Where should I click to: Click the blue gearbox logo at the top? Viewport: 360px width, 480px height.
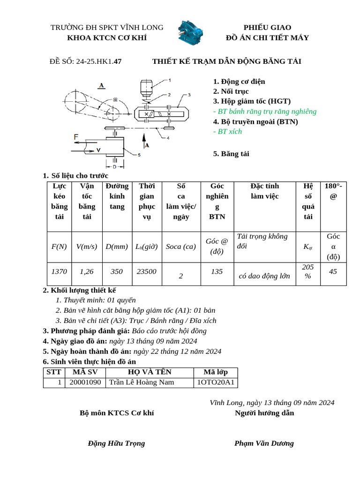pyautogui.click(x=190, y=32)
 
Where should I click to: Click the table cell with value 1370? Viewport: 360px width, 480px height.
pyautogui.click(x=59, y=271)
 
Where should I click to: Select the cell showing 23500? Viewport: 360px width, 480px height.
pyautogui.click(x=147, y=271)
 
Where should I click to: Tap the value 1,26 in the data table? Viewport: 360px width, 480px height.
pyautogui.click(x=87, y=271)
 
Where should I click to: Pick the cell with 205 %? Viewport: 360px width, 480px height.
pyautogui.click(x=308, y=271)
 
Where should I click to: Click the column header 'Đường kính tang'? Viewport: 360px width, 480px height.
pyautogui.click(x=117, y=201)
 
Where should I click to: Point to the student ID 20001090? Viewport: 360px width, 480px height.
pyautogui.click(x=85, y=382)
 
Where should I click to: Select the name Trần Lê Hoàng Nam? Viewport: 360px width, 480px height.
pyautogui.click(x=142, y=382)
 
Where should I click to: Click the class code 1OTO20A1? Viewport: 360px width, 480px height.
pyautogui.click(x=216, y=382)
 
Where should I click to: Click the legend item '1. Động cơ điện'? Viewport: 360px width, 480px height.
pyautogui.click(x=239, y=81)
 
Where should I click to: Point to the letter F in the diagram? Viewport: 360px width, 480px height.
pyautogui.click(x=76, y=136)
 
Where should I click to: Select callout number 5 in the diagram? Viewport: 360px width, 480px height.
pyautogui.click(x=139, y=155)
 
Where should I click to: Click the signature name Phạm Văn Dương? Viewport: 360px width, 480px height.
pyautogui.click(x=264, y=443)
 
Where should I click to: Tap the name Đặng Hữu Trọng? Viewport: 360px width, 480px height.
pyautogui.click(x=117, y=443)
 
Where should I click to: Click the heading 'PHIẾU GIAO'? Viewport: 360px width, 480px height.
pyautogui.click(x=267, y=27)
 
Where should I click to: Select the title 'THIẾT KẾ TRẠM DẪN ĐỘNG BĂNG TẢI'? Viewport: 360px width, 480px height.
pyautogui.click(x=226, y=61)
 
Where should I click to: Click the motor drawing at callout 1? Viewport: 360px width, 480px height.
pyautogui.click(x=147, y=88)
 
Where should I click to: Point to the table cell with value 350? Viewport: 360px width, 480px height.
pyautogui.click(x=117, y=271)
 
